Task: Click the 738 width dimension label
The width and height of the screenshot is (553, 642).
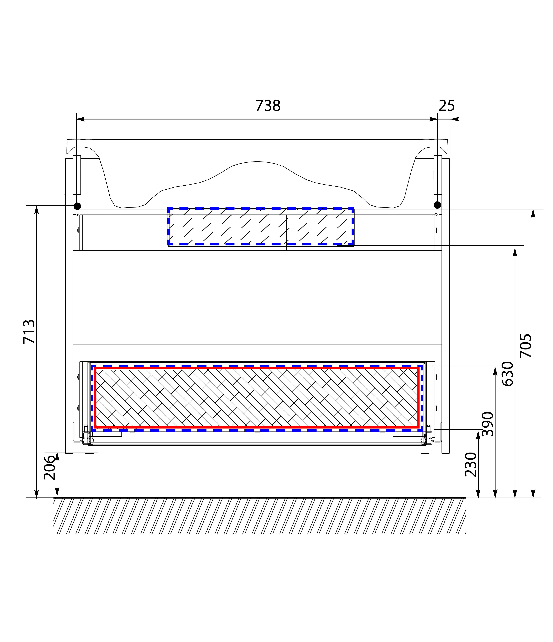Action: [268, 106]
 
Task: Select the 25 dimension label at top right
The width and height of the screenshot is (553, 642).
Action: [447, 106]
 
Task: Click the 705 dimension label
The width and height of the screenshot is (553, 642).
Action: [525, 345]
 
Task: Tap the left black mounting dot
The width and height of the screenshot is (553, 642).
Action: [77, 206]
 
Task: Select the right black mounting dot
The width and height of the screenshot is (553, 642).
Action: [437, 205]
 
